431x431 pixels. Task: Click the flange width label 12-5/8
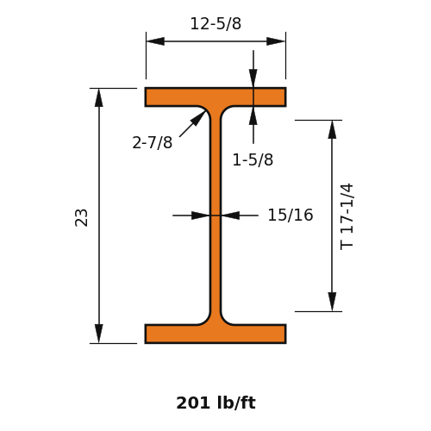point(215,23)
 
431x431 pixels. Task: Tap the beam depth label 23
point(81,218)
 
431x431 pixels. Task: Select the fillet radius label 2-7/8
point(153,142)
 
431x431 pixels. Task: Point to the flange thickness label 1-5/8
point(253,159)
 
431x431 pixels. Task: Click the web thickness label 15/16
point(290,215)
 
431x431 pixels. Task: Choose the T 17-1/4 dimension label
point(347,216)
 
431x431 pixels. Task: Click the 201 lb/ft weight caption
point(215,403)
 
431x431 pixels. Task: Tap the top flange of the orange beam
point(215,97)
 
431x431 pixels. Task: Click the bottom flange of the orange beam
point(215,334)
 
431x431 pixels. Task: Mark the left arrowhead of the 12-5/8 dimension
point(155,41)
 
